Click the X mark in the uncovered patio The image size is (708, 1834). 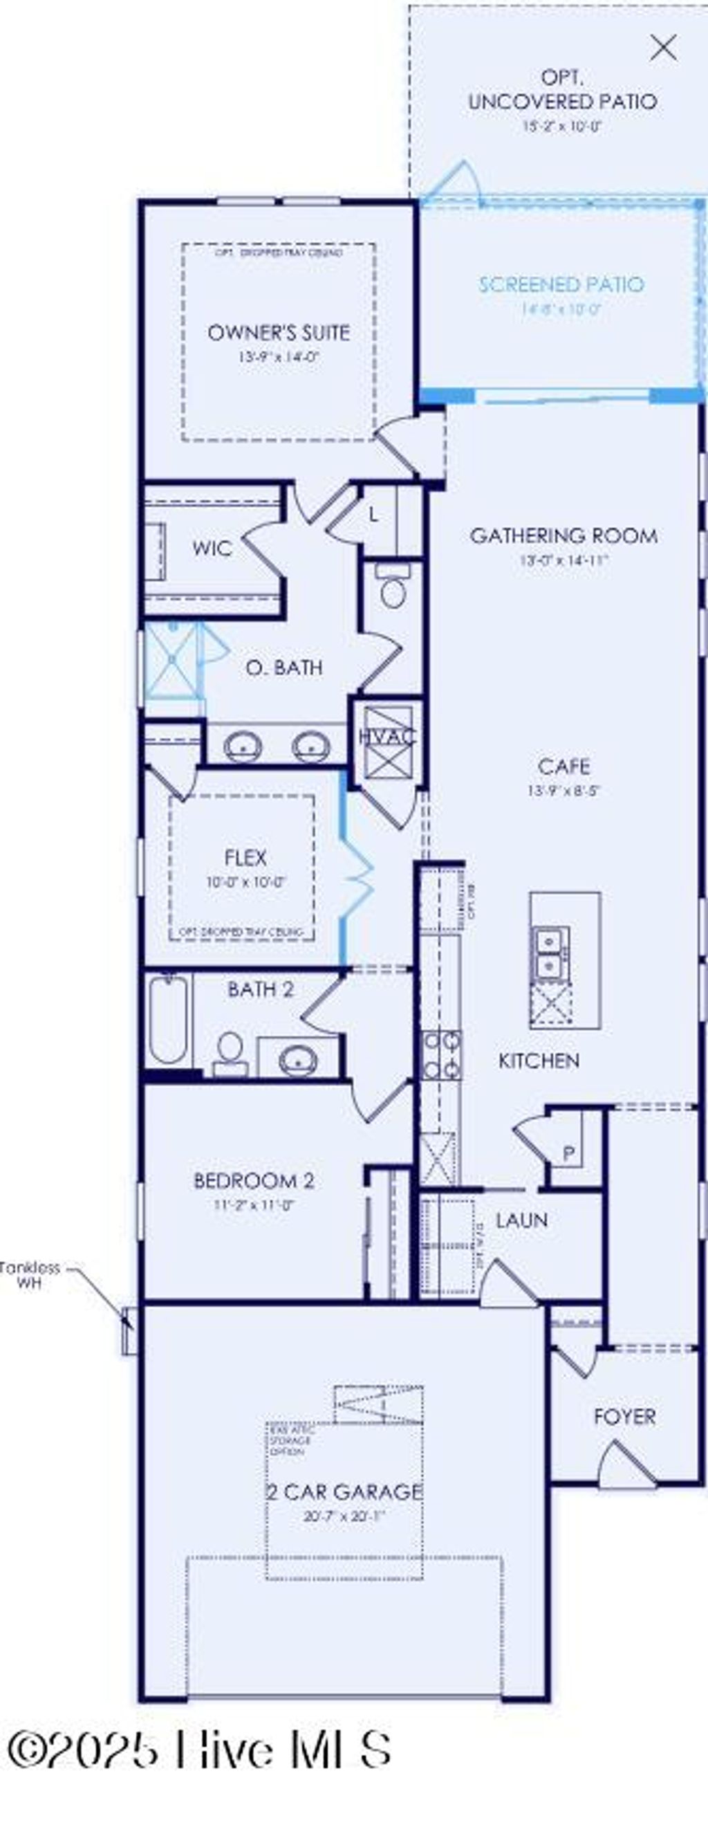point(663,48)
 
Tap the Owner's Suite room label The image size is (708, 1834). point(278,333)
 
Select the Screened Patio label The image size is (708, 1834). point(561,285)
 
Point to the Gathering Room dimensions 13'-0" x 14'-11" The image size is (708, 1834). point(563,560)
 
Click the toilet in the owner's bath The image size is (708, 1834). point(392,588)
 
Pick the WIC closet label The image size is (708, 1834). point(212,548)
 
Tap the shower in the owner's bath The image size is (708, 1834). point(171,660)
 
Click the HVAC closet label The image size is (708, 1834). point(386,736)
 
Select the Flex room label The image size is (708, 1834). point(245,857)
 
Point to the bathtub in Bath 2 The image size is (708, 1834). point(169,1020)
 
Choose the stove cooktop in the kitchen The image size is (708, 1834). point(441,1054)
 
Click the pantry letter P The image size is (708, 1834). point(568,1153)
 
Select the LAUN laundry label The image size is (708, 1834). point(521,1220)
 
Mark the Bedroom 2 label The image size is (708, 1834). point(253,1181)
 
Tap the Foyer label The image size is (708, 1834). point(625,1416)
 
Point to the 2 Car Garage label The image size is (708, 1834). point(344,1492)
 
